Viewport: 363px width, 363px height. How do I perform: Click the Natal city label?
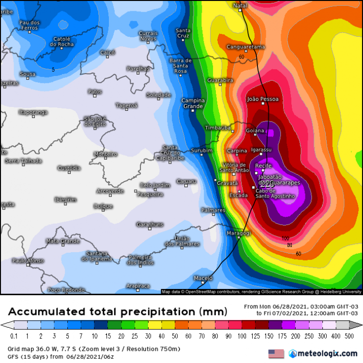[x=240, y=5]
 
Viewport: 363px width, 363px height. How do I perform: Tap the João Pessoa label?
[x=263, y=99]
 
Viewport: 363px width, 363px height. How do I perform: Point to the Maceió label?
[x=203, y=278]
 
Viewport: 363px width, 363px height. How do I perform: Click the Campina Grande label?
[x=193, y=103]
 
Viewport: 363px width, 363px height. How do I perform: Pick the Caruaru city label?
[x=186, y=181]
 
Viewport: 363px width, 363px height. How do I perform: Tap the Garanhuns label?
[x=150, y=225]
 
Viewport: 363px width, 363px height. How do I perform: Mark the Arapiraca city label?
[x=138, y=286]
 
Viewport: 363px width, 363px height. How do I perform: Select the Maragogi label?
[x=239, y=233]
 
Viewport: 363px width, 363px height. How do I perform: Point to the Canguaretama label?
[x=246, y=47]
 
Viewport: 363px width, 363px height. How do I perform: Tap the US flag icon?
[x=275, y=354]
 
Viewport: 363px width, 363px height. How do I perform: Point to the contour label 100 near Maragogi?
[x=286, y=238]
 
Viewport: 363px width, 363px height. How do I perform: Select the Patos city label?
[x=95, y=91]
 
